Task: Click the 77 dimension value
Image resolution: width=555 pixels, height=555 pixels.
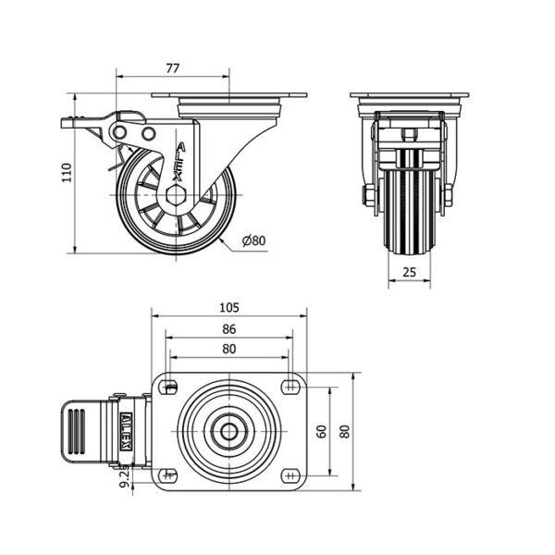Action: click(173, 68)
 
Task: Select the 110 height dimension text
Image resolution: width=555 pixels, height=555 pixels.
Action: click(67, 172)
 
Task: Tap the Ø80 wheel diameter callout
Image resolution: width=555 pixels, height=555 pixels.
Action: click(253, 240)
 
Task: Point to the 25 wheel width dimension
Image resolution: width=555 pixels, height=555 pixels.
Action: click(409, 272)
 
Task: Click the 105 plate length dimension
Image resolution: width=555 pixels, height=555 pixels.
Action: click(229, 308)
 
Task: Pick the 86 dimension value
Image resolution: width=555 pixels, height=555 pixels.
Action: click(229, 329)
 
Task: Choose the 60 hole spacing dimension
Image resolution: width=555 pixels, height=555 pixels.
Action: click(321, 431)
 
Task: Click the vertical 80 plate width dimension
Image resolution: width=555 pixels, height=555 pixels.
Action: click(345, 431)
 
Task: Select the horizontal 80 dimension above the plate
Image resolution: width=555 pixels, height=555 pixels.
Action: click(229, 349)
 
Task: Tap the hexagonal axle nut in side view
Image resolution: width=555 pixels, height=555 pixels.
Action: click(176, 195)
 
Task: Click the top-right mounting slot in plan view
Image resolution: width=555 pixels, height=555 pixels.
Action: click(290, 386)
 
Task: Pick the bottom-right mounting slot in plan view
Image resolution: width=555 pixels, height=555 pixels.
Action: click(290, 476)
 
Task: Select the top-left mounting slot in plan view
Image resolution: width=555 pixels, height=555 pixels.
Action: click(167, 386)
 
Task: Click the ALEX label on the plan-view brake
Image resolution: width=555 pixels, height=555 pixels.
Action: click(126, 431)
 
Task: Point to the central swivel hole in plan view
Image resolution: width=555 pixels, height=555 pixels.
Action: click(229, 431)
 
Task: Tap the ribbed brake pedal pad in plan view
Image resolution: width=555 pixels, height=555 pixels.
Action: click(77, 431)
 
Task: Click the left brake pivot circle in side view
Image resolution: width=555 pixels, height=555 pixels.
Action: click(120, 132)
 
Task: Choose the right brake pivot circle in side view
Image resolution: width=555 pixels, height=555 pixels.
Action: click(149, 134)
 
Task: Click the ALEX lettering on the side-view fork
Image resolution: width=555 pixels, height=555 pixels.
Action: click(179, 162)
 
